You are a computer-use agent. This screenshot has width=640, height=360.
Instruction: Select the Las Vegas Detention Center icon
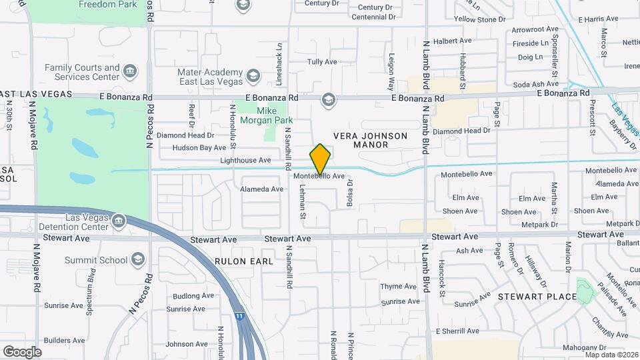(x=118, y=220)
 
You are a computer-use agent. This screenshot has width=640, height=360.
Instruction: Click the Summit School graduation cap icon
(x=138, y=259)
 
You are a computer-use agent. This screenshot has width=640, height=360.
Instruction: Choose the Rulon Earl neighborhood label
(x=244, y=261)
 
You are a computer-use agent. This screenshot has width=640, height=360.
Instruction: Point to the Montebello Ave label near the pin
(x=319, y=176)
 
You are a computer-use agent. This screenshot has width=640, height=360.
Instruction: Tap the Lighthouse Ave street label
(x=246, y=161)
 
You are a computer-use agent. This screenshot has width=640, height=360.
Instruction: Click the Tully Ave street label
(x=322, y=62)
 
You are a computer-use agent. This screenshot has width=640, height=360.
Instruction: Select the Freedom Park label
(x=107, y=4)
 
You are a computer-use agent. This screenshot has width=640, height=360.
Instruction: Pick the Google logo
(x=22, y=351)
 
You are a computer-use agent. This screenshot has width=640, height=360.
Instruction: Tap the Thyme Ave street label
(x=398, y=287)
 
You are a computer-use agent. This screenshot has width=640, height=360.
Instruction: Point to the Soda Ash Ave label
(x=535, y=85)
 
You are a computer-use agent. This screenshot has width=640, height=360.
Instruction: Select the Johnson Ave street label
(x=189, y=345)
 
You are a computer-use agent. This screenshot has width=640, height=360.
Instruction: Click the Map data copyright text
(x=611, y=354)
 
